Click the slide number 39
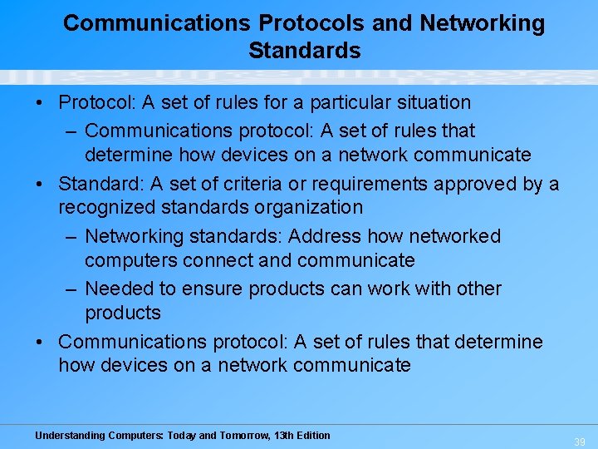pos(579,442)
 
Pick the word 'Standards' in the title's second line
pos(304,50)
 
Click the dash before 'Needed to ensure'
pos(70,289)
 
